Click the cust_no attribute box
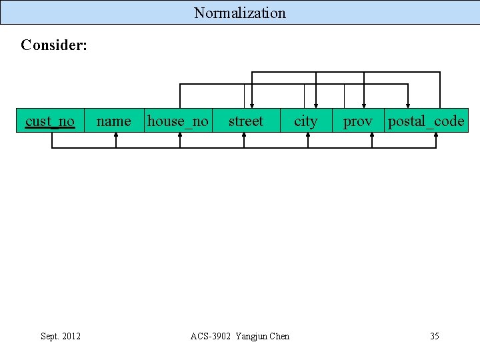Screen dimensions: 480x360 (50, 121)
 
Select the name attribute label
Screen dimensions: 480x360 (114, 121)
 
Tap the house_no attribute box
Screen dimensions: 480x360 (178, 121)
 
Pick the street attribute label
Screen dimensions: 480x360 (246, 121)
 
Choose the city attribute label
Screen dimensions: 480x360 (306, 121)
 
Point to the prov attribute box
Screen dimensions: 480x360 (358, 121)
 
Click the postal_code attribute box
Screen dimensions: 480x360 (427, 121)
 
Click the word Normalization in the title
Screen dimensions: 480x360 (240, 13)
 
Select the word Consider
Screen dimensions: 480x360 (54, 45)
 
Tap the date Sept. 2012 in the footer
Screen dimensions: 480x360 (61, 336)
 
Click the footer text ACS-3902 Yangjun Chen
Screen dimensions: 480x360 (240, 336)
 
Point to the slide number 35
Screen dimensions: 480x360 (435, 336)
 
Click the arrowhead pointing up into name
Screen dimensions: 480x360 (116, 136)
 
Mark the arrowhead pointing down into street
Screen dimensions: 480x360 (251, 104)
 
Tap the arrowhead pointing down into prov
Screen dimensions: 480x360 (364, 104)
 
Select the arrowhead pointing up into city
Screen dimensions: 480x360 (307, 136)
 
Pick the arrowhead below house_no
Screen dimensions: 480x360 (180, 136)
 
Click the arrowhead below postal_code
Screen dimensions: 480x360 (436, 136)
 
